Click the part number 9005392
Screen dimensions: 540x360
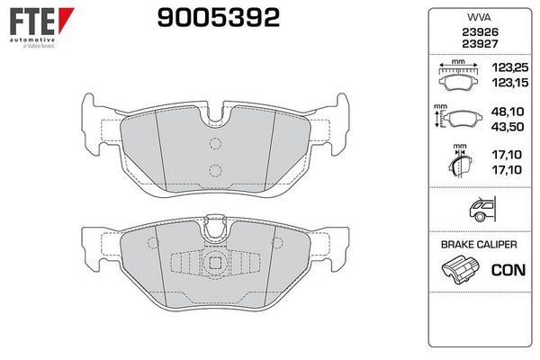tap(219, 18)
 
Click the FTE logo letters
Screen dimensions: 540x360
tap(32, 22)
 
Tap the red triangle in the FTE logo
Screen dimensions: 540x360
tap(66, 20)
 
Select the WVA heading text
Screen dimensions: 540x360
tap(479, 18)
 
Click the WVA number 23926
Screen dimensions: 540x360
tap(480, 32)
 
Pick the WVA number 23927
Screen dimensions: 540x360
tap(480, 44)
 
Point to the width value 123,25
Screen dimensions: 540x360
tap(510, 67)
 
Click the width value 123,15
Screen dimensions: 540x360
tap(510, 83)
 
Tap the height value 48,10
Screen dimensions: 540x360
tap(508, 112)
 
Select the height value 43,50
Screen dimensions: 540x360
tap(508, 127)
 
